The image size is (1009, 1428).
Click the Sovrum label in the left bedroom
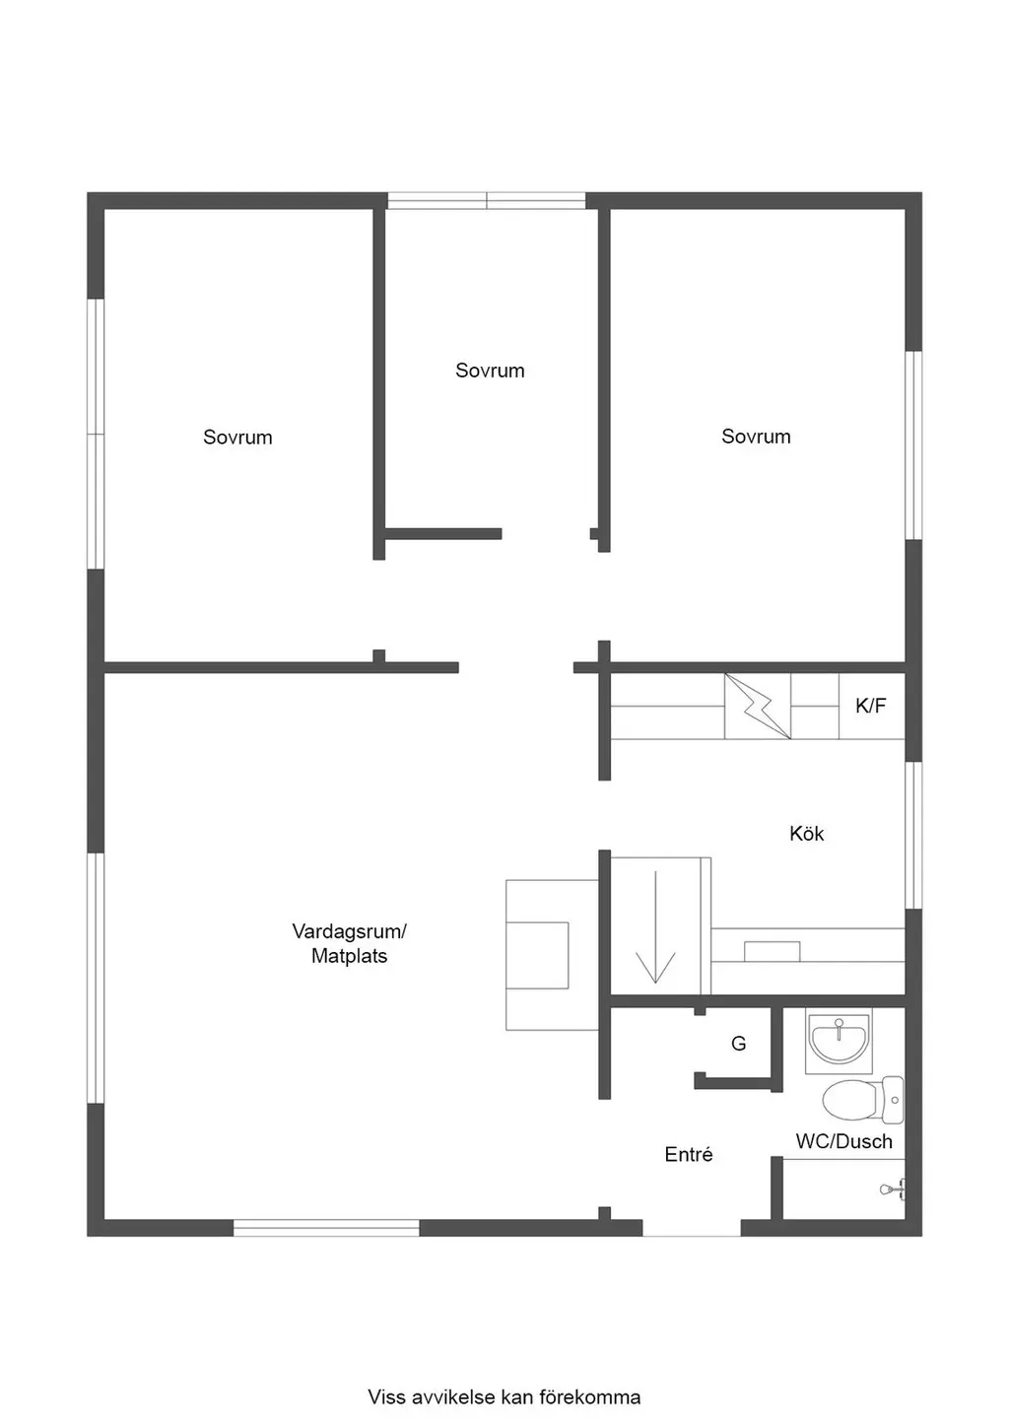pyautogui.click(x=237, y=438)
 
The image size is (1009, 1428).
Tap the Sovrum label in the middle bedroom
pyautogui.click(x=490, y=371)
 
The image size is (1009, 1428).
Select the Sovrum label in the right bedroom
pyautogui.click(x=756, y=437)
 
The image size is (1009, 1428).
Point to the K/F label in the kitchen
pyautogui.click(x=871, y=706)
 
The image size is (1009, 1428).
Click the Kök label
pyautogui.click(x=806, y=833)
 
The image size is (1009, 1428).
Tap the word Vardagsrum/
pyautogui.click(x=349, y=931)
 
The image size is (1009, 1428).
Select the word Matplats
pyautogui.click(x=349, y=956)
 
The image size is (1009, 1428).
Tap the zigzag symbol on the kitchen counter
pyautogui.click(x=758, y=707)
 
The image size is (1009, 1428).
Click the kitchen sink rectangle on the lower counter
pyautogui.click(x=772, y=951)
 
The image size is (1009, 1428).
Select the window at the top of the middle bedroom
pyautogui.click(x=487, y=200)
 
